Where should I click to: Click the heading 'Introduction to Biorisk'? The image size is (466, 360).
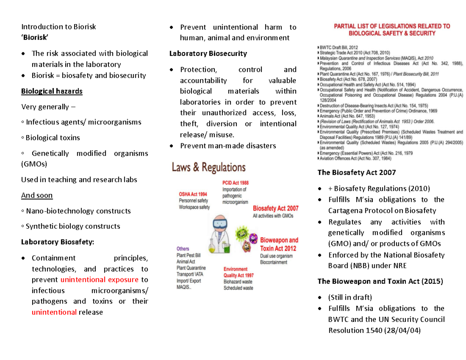[x=58, y=27]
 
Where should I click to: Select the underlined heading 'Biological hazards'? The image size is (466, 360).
[x=52, y=92]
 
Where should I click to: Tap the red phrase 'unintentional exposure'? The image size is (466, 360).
[x=99, y=280]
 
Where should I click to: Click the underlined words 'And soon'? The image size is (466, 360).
[x=37, y=195]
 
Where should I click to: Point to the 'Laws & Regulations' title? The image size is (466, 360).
[x=209, y=168]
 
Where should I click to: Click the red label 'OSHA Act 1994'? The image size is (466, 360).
[x=193, y=194]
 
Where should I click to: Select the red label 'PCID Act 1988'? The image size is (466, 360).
[x=235, y=183]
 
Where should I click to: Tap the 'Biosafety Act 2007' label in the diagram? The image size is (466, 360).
[x=275, y=208]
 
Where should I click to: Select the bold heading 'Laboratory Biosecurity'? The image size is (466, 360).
[x=208, y=54]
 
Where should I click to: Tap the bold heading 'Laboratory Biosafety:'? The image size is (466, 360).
[x=57, y=242]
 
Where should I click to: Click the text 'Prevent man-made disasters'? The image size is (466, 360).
[x=228, y=146]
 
